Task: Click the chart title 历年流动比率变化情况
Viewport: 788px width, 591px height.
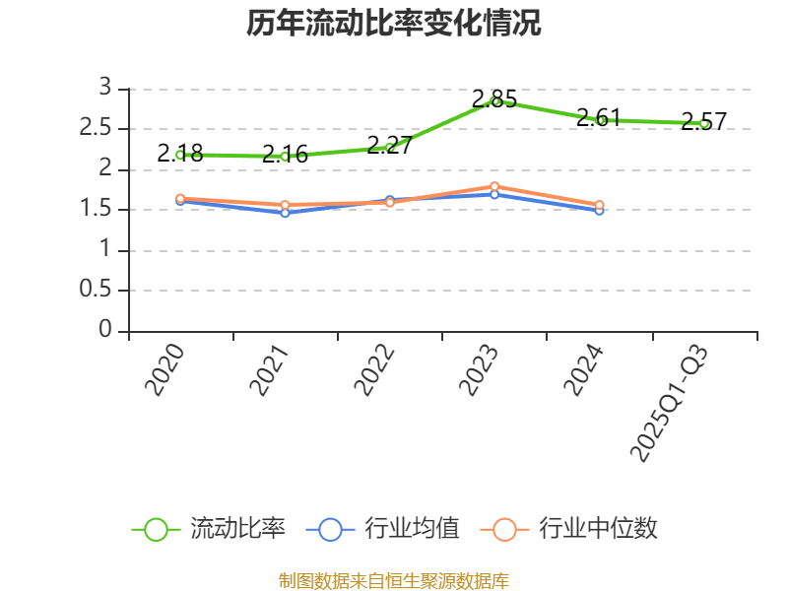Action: pos(394,24)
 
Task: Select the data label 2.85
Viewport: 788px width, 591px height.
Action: pos(493,98)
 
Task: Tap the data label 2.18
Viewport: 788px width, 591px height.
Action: pos(180,153)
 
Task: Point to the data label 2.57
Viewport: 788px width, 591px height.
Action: pos(703,122)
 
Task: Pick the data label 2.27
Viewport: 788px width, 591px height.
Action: pos(389,145)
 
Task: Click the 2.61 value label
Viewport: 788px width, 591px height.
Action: pos(598,117)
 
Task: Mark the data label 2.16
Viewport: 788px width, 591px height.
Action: pos(285,154)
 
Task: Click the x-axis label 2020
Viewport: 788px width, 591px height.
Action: pos(165,369)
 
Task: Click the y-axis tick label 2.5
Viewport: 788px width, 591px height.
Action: pos(98,129)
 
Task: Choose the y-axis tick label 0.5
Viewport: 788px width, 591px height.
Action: pos(98,291)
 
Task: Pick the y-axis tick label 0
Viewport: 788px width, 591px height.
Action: pos(106,331)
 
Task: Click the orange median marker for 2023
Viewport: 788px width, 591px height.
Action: pos(494,186)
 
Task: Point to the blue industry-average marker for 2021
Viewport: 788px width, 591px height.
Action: pos(285,213)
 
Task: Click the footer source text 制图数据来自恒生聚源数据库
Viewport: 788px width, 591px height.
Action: pos(394,580)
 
